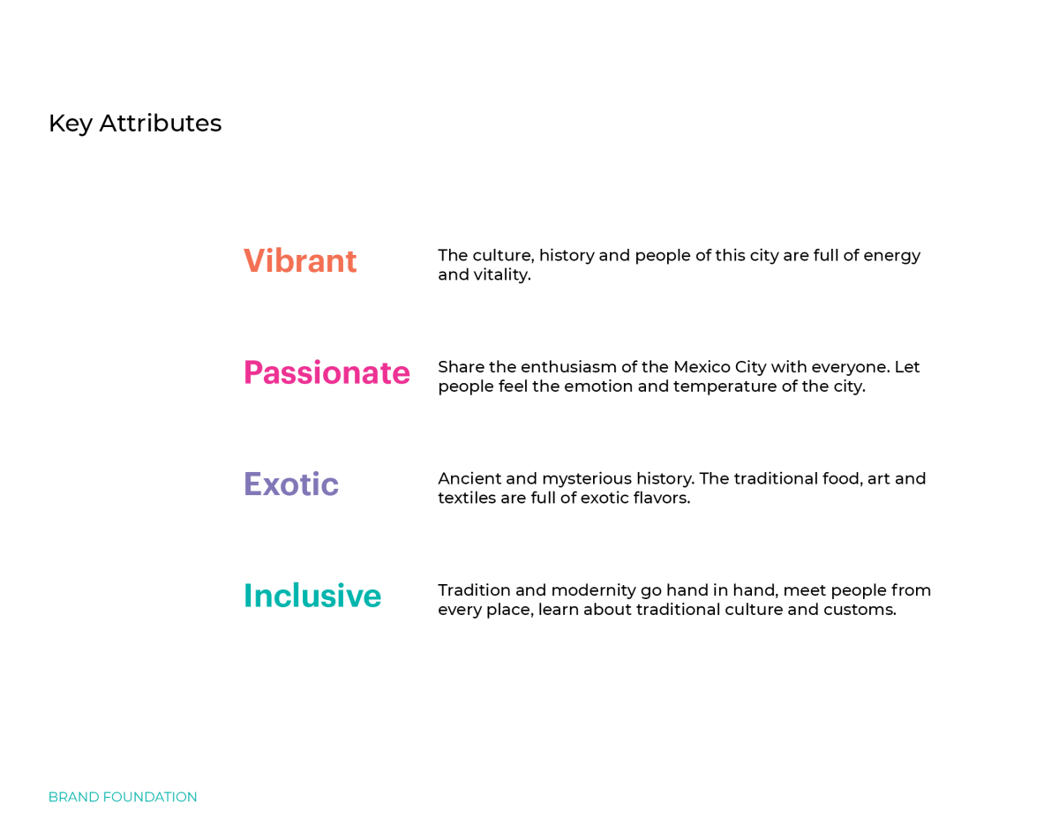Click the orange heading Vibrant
coord(300,260)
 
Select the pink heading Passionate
coord(327,372)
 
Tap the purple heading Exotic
coord(291,484)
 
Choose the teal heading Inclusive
coord(312,596)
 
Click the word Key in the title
coord(71,124)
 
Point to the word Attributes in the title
coord(161,123)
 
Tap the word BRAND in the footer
coord(74,797)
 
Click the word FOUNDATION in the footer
coord(150,797)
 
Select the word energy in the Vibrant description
coord(891,256)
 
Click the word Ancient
coord(469,478)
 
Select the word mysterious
coord(587,479)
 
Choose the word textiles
coord(467,498)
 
